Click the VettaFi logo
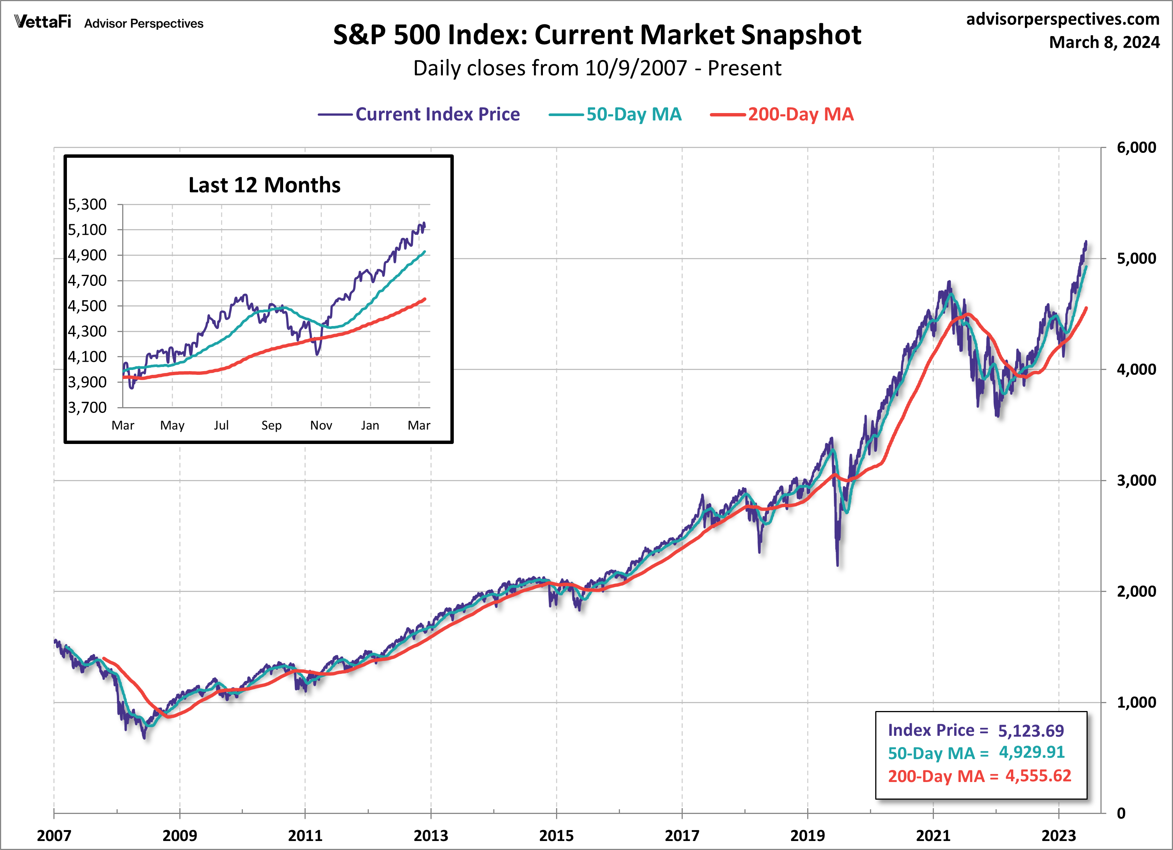[x=42, y=22]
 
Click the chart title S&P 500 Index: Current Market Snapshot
[x=597, y=35]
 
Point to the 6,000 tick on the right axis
[x=1136, y=148]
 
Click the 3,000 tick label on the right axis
[x=1136, y=480]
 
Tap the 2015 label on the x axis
[x=556, y=835]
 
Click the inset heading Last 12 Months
[x=264, y=185]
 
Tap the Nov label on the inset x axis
[x=321, y=425]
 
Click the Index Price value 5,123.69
[x=1030, y=731]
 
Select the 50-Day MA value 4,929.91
[x=1031, y=752]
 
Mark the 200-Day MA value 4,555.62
[x=1038, y=776]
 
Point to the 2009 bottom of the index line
[x=144, y=737]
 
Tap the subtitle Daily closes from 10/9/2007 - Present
[x=597, y=68]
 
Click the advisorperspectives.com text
[x=1062, y=19]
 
